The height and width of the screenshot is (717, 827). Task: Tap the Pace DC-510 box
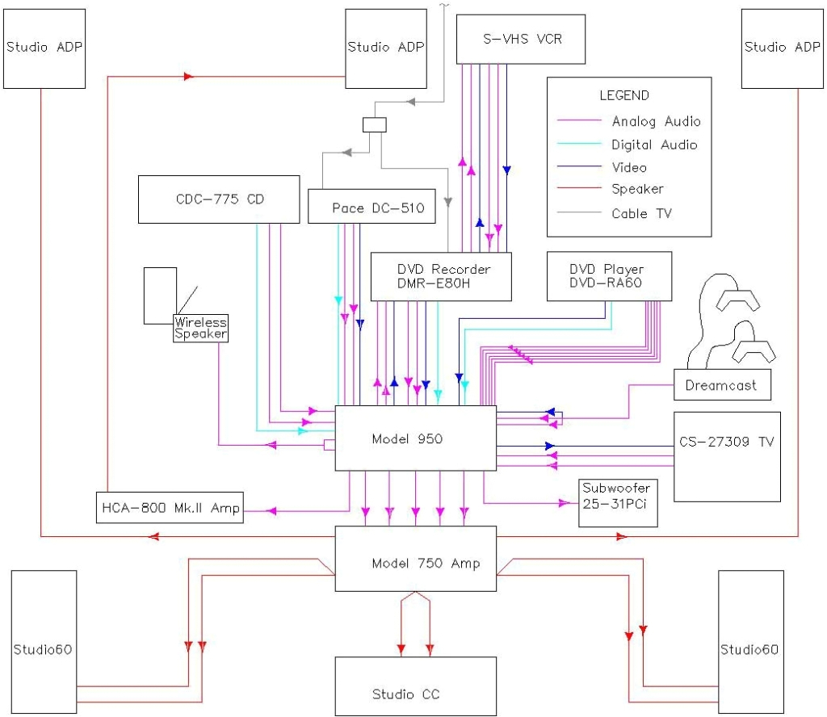click(372, 208)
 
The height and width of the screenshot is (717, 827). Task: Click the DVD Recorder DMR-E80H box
click(443, 276)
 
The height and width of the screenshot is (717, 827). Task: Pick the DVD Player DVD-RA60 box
click(607, 276)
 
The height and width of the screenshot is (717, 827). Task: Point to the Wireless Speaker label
click(200, 328)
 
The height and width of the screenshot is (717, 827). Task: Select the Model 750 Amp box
click(414, 563)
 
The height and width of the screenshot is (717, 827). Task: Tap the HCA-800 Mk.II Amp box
click(170, 508)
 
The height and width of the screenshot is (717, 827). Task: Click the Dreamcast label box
click(721, 385)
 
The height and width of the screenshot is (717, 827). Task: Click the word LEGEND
click(623, 95)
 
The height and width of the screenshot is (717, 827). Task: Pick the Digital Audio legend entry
click(654, 145)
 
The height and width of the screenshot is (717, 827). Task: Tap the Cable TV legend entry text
click(641, 213)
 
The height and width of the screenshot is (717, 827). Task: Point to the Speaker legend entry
click(637, 189)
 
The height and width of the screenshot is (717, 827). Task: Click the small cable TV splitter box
click(374, 125)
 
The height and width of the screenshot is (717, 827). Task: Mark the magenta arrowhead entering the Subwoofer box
click(563, 503)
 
